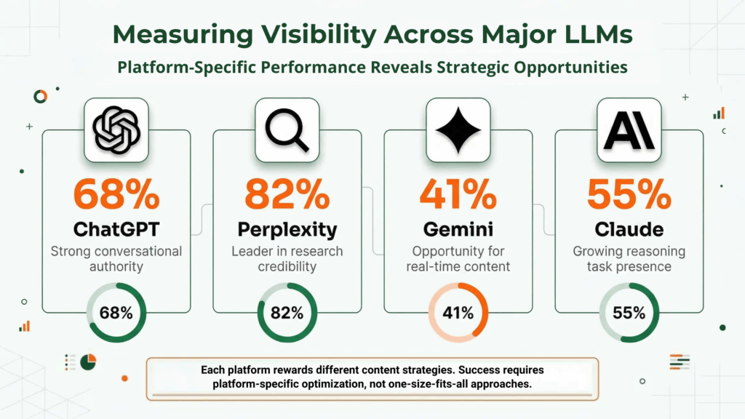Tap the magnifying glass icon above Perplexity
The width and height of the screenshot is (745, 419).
point(287,129)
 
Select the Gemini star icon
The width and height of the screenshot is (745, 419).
point(458,129)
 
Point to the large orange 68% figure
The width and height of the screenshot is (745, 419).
point(116,194)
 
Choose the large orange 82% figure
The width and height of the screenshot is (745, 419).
point(287,194)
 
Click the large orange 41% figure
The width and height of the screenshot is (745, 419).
point(458,194)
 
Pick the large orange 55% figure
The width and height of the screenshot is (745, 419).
point(629,194)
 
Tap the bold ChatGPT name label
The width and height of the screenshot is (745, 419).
point(116,229)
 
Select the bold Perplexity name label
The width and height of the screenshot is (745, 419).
point(287,230)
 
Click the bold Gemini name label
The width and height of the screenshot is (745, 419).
point(458,229)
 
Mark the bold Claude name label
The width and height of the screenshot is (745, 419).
point(629,229)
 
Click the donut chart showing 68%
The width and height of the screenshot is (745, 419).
point(116,313)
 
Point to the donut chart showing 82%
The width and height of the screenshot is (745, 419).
point(287,313)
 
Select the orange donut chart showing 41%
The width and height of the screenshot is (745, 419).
point(458,313)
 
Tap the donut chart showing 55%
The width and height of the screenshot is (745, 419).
point(629,313)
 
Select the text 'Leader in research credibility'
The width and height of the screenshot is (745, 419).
point(287,259)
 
